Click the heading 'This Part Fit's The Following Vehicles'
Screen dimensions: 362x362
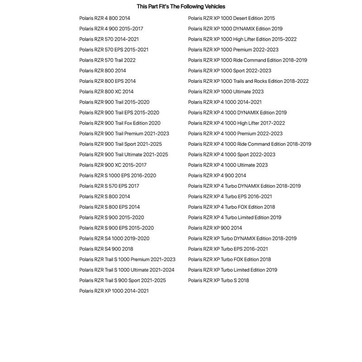(x=181, y=6)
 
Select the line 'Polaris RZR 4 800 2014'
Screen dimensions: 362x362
(x=105, y=18)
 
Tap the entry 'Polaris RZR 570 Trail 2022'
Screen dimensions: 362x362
(x=107, y=60)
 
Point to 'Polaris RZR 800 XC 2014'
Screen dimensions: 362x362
(x=106, y=91)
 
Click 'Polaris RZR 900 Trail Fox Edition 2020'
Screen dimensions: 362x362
(x=120, y=123)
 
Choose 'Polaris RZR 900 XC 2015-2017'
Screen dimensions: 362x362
(x=113, y=165)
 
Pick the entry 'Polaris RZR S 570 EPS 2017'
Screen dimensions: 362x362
(x=109, y=186)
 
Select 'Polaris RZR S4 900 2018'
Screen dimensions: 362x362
(x=106, y=249)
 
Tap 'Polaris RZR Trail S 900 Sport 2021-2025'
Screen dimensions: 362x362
(x=123, y=281)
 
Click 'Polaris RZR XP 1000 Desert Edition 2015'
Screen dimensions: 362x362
(x=231, y=18)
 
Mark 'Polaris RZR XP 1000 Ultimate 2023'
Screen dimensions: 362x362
(x=226, y=91)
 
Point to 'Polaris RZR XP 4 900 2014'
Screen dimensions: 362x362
(x=217, y=176)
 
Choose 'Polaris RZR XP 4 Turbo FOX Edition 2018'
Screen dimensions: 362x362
(x=231, y=207)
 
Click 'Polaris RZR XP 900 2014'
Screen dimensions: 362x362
(x=215, y=228)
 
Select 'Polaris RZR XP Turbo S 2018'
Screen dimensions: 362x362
(x=219, y=281)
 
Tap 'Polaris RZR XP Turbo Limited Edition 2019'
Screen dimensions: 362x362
(x=233, y=270)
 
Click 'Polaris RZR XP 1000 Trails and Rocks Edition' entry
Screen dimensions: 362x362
(x=248, y=81)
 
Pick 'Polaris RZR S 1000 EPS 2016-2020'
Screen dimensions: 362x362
(x=118, y=176)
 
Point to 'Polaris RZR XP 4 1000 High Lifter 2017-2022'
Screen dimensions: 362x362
(x=237, y=123)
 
